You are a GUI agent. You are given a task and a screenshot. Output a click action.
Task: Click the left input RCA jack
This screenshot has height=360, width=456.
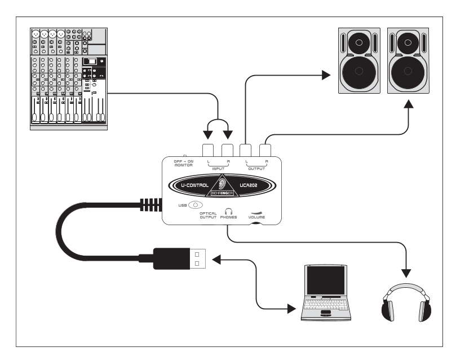207,150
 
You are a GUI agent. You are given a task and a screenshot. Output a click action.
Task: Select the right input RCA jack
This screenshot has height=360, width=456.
227,150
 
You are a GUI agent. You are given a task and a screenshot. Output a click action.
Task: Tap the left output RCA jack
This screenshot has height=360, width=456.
246,150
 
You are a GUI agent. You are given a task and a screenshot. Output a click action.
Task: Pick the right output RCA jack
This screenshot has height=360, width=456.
265,150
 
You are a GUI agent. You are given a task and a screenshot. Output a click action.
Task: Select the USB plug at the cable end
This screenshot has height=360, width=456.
180,259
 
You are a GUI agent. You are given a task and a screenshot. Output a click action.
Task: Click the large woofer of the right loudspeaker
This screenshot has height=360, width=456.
409,70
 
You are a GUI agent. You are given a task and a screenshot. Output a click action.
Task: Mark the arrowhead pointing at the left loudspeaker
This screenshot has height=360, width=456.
325,74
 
